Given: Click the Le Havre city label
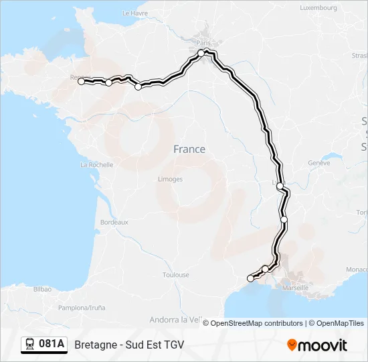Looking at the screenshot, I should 135,13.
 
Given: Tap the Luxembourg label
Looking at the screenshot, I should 318,8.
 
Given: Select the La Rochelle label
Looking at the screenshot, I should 96,164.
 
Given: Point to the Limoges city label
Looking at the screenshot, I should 170,179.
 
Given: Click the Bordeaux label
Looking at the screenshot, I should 114,222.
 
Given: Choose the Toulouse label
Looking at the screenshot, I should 175,275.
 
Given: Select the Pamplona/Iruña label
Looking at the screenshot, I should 82,308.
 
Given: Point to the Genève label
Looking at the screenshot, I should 319,163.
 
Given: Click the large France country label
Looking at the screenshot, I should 189,149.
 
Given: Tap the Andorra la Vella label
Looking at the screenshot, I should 177,320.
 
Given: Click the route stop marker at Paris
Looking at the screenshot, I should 201,52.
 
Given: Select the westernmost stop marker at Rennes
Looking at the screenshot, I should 81,81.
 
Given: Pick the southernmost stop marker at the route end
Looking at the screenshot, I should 251,278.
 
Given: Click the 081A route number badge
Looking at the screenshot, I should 52,345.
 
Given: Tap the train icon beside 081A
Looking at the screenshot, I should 30,345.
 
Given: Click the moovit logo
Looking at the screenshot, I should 317,345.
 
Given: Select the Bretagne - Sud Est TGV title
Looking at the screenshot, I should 129,345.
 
